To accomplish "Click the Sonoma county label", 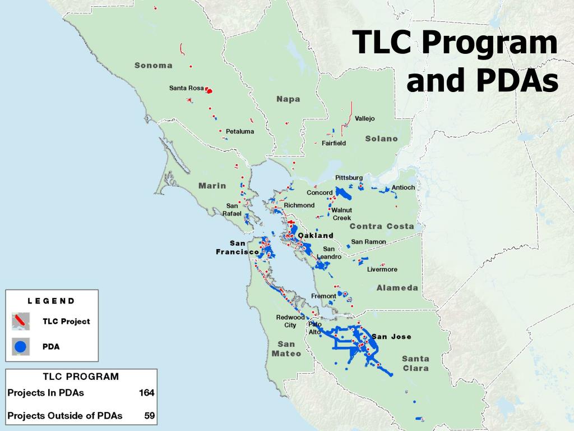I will [x=153, y=65].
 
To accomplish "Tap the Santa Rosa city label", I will [x=186, y=88].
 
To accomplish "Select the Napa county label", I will [x=288, y=99].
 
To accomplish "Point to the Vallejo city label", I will [x=364, y=118].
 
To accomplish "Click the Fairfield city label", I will [x=334, y=143].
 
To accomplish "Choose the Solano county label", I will [x=381, y=139].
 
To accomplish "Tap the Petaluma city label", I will [x=240, y=131].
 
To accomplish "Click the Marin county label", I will [x=212, y=186].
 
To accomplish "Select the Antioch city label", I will [x=403, y=187].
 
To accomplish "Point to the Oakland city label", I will [x=316, y=235].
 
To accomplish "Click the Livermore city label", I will [x=382, y=269].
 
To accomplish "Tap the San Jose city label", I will [x=392, y=337].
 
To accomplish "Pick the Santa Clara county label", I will [x=415, y=364].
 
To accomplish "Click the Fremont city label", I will [x=323, y=296].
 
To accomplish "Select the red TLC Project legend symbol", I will [x=20, y=322].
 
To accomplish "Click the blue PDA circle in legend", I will [x=20, y=347].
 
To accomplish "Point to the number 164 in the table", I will [x=146, y=393].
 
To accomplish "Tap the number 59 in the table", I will [x=149, y=416].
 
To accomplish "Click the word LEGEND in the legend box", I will [x=51, y=301].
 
